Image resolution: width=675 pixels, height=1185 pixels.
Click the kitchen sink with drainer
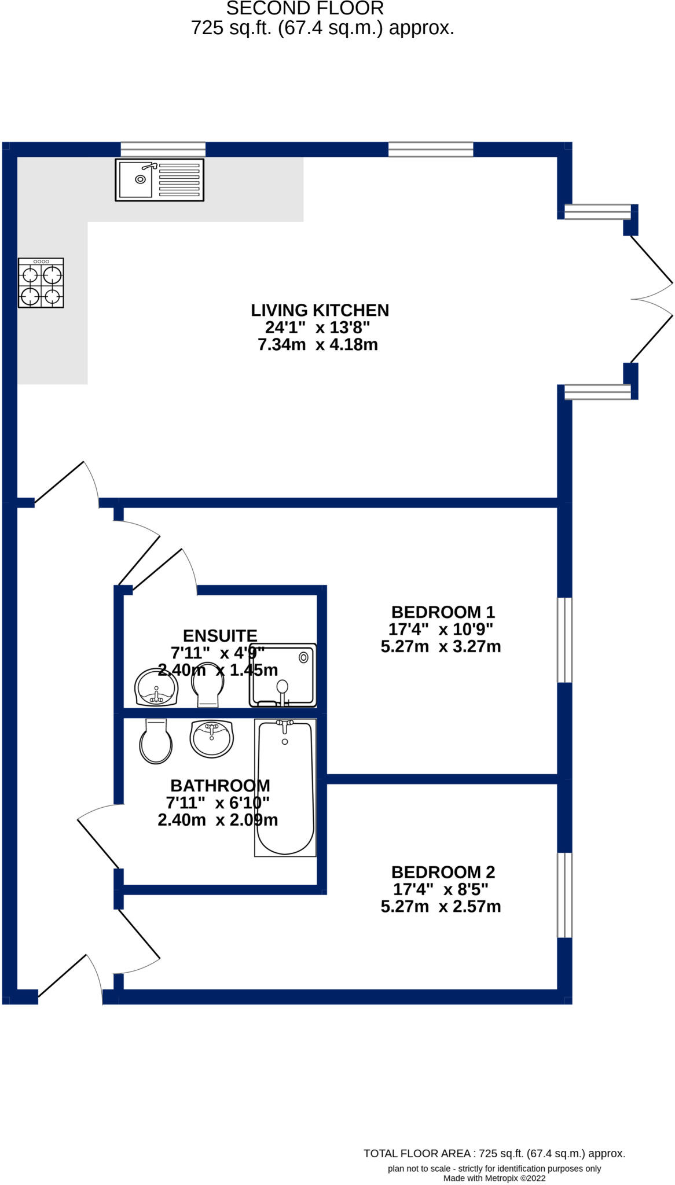pyautogui.click(x=159, y=179)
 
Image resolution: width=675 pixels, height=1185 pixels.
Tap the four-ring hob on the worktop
pyautogui.click(x=41, y=283)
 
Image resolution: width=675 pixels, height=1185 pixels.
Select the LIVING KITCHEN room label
pyautogui.click(x=320, y=311)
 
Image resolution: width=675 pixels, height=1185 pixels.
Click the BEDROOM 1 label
pyautogui.click(x=443, y=612)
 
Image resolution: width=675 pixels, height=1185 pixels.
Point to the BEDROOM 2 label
pyautogui.click(x=443, y=872)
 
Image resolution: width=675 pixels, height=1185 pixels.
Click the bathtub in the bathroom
pyautogui.click(x=285, y=787)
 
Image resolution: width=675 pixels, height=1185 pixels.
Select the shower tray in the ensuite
pyautogui.click(x=283, y=675)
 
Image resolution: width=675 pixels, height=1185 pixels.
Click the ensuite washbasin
pyautogui.click(x=156, y=689)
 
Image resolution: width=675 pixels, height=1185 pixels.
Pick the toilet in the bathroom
pyautogui.click(x=156, y=741)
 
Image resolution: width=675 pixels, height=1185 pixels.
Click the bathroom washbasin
pyautogui.click(x=212, y=739)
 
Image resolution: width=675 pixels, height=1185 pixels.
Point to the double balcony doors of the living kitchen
pyautogui.click(x=651, y=299)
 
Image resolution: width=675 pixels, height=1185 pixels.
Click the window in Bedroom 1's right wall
pyautogui.click(x=564, y=640)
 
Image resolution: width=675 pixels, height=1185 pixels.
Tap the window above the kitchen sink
pyautogui.click(x=163, y=149)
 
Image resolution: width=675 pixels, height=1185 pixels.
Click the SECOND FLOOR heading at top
pyautogui.click(x=305, y=9)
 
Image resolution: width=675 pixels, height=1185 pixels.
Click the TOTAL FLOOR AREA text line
pyautogui.click(x=494, y=1154)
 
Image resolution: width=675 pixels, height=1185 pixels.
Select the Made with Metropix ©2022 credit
pyautogui.click(x=494, y=1178)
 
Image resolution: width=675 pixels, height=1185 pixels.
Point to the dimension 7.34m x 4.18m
pyautogui.click(x=318, y=345)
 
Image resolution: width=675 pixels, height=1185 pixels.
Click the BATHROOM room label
pyautogui.click(x=220, y=786)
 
